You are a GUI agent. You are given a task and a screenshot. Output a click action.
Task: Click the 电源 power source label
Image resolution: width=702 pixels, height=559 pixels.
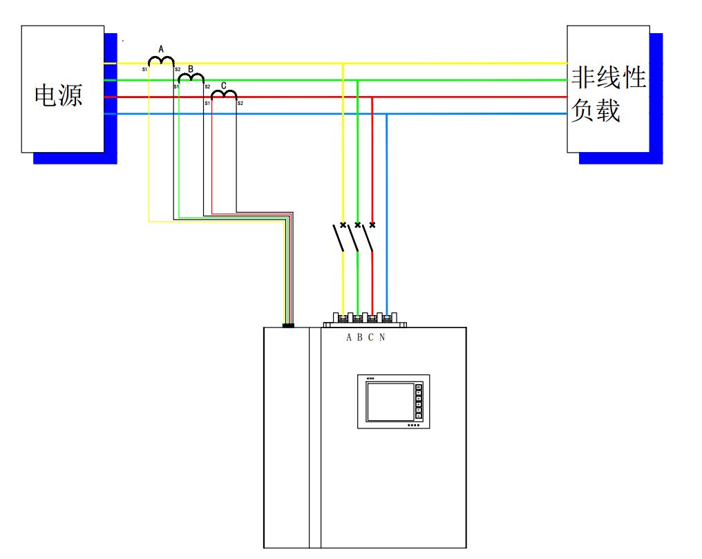pos(59,96)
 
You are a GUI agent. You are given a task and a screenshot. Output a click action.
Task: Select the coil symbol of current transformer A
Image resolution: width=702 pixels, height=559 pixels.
pos(161,61)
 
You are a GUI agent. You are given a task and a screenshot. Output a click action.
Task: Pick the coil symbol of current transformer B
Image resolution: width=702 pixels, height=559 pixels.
pos(191,78)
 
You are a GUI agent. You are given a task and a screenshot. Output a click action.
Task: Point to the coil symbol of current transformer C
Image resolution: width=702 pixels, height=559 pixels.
pos(224,95)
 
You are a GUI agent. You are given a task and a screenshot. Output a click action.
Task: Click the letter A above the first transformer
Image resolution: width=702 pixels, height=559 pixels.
pos(161,49)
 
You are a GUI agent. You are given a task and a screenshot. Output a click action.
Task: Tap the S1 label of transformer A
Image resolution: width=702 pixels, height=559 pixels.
pos(145,69)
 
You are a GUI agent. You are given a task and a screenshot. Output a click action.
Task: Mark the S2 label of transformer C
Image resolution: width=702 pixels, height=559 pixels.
pos(240,103)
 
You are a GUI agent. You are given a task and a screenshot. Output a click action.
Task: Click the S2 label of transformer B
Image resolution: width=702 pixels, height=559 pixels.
pos(207,86)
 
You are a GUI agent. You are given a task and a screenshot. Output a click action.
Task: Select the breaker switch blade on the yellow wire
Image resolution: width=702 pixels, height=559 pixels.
pos(339,238)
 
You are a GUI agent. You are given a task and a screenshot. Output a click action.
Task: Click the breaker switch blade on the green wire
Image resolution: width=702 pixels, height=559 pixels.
pos(353,238)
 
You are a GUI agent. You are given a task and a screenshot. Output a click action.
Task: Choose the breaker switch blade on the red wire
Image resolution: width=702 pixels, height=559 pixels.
pos(368,238)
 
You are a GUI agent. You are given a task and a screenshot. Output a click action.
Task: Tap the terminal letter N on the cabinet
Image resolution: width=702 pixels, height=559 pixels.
pos(382,338)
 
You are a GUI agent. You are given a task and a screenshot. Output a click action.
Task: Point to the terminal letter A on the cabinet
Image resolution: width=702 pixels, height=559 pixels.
pos(349,338)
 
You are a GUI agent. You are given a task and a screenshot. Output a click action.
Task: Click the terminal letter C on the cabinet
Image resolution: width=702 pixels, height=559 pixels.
pos(370,338)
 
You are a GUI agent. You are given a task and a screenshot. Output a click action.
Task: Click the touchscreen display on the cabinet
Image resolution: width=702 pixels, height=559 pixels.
pos(390,401)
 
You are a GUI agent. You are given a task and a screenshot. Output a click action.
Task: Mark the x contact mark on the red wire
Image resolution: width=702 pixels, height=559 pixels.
pos(372,225)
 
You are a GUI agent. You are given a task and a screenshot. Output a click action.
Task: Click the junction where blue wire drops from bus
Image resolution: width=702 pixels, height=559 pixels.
pos(387,114)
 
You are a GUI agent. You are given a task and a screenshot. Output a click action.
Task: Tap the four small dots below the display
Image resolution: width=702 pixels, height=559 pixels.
pos(414,426)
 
